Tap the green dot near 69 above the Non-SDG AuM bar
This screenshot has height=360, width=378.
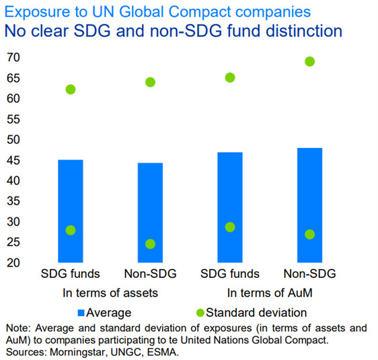point(309,61)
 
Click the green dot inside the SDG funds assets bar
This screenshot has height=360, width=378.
point(71,230)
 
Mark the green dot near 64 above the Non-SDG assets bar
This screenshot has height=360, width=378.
point(150,82)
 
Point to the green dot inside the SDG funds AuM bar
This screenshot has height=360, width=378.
point(230,227)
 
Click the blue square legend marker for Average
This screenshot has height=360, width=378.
point(83,312)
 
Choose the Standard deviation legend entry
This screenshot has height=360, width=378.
point(256,312)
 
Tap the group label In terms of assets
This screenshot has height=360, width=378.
point(110,293)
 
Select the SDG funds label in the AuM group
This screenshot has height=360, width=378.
point(230,274)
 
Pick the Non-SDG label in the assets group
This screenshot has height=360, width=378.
point(150,274)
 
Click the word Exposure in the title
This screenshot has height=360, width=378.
point(35,11)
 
